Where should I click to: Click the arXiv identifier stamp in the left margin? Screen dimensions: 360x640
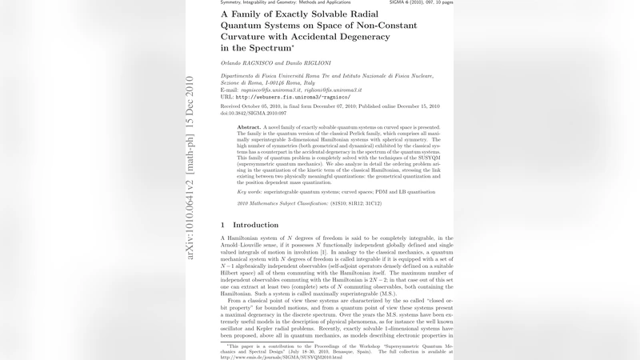pos(190,167)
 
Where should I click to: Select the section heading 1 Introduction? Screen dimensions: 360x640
pos(249,225)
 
